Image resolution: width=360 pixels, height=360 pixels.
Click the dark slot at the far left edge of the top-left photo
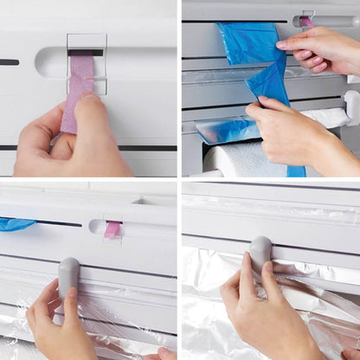(x=9, y=62)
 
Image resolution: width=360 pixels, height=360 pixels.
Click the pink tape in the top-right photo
(x=306, y=21)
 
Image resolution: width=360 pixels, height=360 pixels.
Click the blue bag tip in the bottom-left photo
(x=16, y=224)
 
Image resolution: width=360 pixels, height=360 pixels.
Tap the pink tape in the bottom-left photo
(x=112, y=229)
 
